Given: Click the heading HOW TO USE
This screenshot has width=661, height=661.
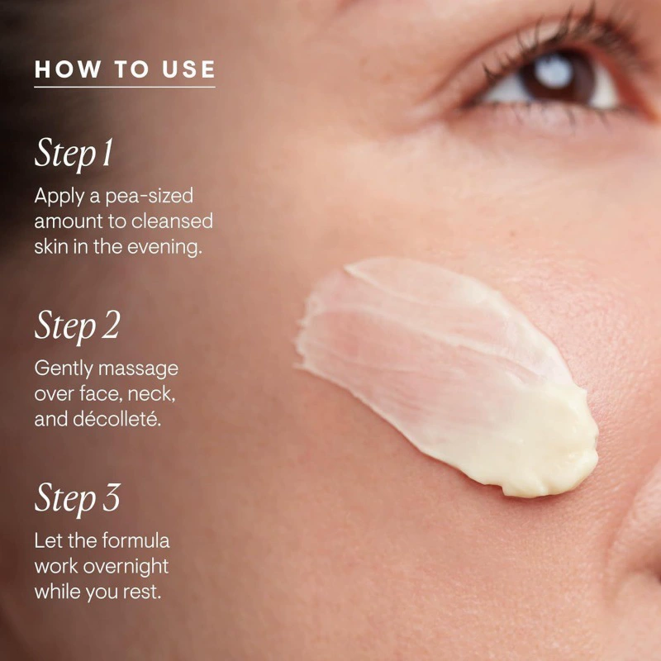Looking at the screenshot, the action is (125, 69).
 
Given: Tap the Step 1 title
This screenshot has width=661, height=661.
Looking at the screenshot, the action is (74, 154).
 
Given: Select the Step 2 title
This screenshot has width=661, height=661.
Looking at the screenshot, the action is (77, 326).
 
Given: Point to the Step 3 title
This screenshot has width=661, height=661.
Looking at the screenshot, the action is (77, 499).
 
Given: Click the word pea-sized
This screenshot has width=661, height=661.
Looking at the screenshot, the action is (150, 197).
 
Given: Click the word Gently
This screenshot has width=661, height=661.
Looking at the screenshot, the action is (64, 369).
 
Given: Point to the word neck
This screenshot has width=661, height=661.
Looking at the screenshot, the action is (151, 394).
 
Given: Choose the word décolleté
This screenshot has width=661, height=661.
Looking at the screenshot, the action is (117, 419).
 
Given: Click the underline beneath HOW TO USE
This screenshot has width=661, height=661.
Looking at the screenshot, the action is (125, 88).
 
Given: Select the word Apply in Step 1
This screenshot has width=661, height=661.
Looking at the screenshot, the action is (59, 197).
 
